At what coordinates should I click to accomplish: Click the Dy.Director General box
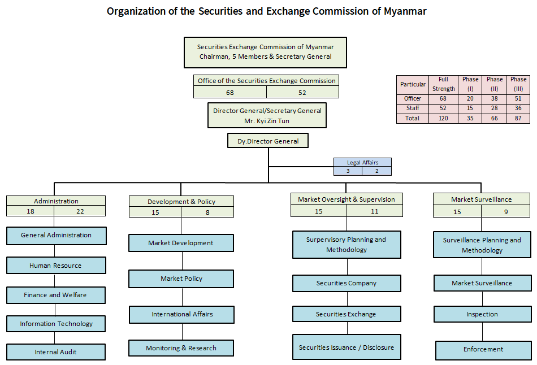268,141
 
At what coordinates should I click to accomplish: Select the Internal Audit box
56,352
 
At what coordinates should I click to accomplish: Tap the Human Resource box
56,266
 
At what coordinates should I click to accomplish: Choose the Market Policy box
181,279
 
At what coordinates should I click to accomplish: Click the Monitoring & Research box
181,348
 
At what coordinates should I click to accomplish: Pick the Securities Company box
347,283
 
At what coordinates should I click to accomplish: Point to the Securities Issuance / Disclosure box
347,347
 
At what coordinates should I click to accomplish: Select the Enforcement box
483,350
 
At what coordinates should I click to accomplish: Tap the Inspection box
482,314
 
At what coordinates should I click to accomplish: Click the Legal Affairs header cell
362,163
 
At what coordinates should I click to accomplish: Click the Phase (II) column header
495,84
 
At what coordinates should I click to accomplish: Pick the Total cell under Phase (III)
518,119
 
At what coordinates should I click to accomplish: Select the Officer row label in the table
413,98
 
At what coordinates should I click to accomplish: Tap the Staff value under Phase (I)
470,108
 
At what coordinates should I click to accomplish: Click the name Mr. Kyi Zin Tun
267,121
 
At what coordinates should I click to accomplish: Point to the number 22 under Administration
80,211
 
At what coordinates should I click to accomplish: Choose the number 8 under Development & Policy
207,212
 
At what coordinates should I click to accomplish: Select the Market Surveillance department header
482,199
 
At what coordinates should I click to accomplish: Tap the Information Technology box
56,324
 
